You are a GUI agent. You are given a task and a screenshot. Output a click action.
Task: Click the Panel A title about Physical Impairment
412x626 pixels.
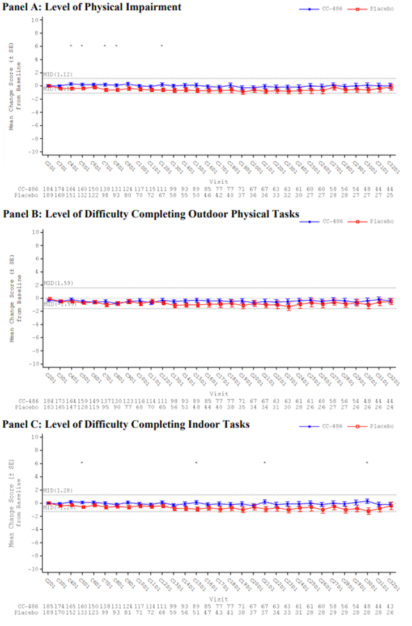(91, 7)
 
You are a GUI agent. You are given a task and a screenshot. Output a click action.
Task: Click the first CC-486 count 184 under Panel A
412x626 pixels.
(49, 188)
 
